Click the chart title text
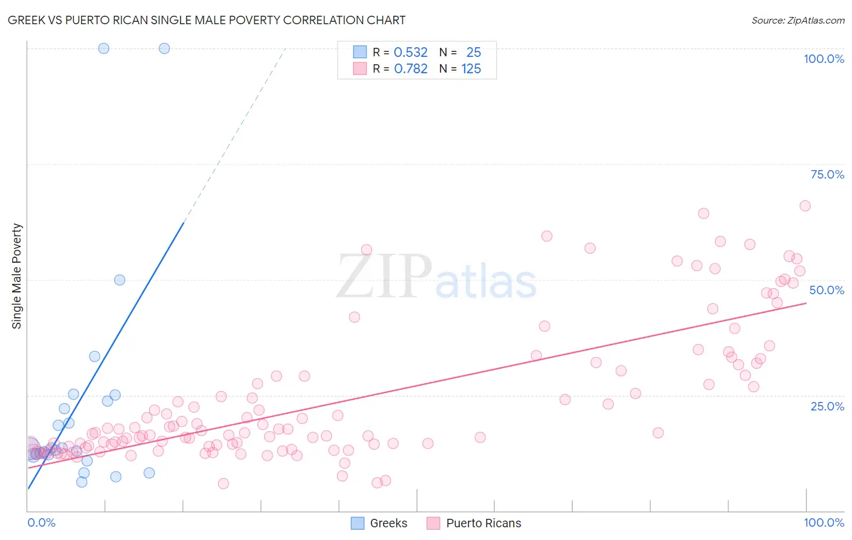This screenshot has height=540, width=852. [207, 20]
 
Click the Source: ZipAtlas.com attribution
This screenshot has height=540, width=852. [797, 21]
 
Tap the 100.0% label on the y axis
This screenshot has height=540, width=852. [824, 59]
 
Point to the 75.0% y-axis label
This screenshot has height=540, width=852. [827, 174]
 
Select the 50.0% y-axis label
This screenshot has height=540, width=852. [827, 290]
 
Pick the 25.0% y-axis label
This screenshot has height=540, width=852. [827, 406]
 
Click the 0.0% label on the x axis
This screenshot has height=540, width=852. [41, 522]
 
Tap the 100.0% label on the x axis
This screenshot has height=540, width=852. [824, 522]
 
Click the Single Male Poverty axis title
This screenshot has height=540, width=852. [17, 276]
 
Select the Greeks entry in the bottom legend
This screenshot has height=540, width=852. [388, 523]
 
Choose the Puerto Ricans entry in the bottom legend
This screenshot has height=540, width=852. [483, 523]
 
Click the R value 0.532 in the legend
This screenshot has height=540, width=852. [411, 53]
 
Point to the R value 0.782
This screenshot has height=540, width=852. [411, 69]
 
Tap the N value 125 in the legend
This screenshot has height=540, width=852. [471, 69]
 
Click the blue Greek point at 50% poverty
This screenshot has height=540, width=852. [120, 280]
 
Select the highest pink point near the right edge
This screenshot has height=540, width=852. [805, 206]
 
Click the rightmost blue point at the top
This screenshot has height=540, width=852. [164, 48]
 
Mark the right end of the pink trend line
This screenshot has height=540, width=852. [806, 303]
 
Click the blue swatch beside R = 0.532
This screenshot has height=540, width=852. [360, 52]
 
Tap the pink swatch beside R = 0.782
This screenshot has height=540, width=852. [360, 68]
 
